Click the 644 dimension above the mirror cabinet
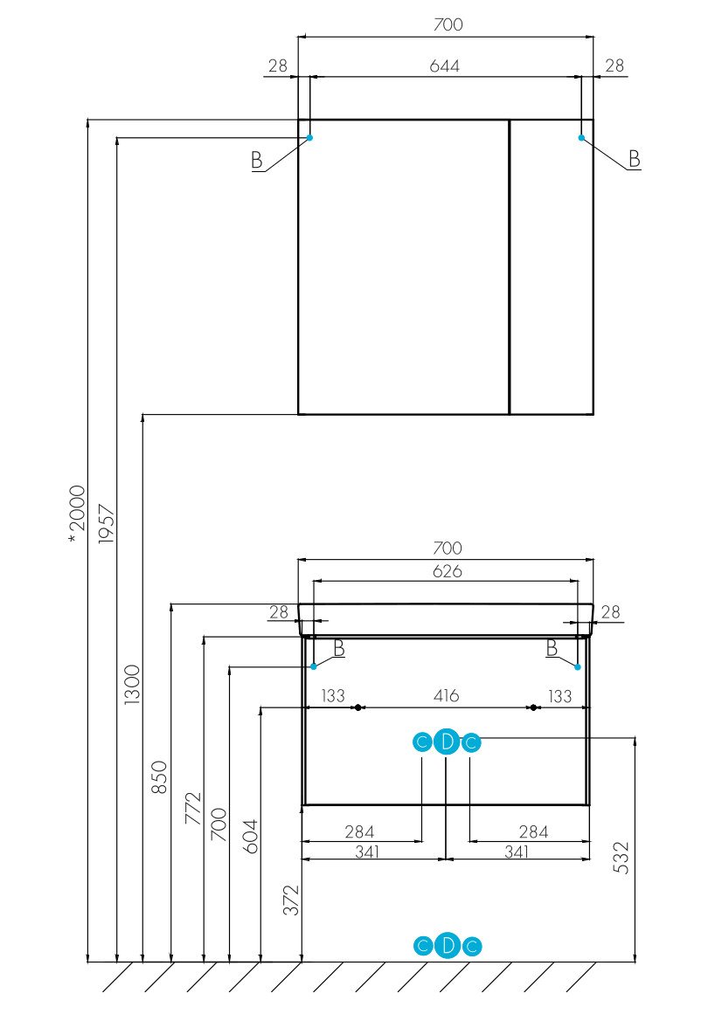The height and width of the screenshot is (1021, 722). coord(445,66)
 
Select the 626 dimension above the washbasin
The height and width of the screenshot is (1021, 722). coord(445,571)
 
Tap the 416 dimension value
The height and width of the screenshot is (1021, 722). coord(445,696)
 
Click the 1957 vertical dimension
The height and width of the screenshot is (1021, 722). coord(106,524)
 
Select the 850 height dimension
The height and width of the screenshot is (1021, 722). coord(160,776)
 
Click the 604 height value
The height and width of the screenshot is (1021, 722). coord(250,836)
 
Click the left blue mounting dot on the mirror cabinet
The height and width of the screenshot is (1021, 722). coord(309,137)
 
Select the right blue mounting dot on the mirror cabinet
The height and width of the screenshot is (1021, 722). coord(581,137)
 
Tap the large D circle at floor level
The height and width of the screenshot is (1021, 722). coord(447,945)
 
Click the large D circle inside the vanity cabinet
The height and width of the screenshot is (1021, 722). coord(447,742)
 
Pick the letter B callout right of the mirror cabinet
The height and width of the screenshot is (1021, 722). coord(635,159)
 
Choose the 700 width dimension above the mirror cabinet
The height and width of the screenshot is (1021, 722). coord(447,24)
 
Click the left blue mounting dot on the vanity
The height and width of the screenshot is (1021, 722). coord(314,666)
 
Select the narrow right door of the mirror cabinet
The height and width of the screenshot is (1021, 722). coord(551,266)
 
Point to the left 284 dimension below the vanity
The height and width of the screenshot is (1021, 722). coord(360,831)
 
